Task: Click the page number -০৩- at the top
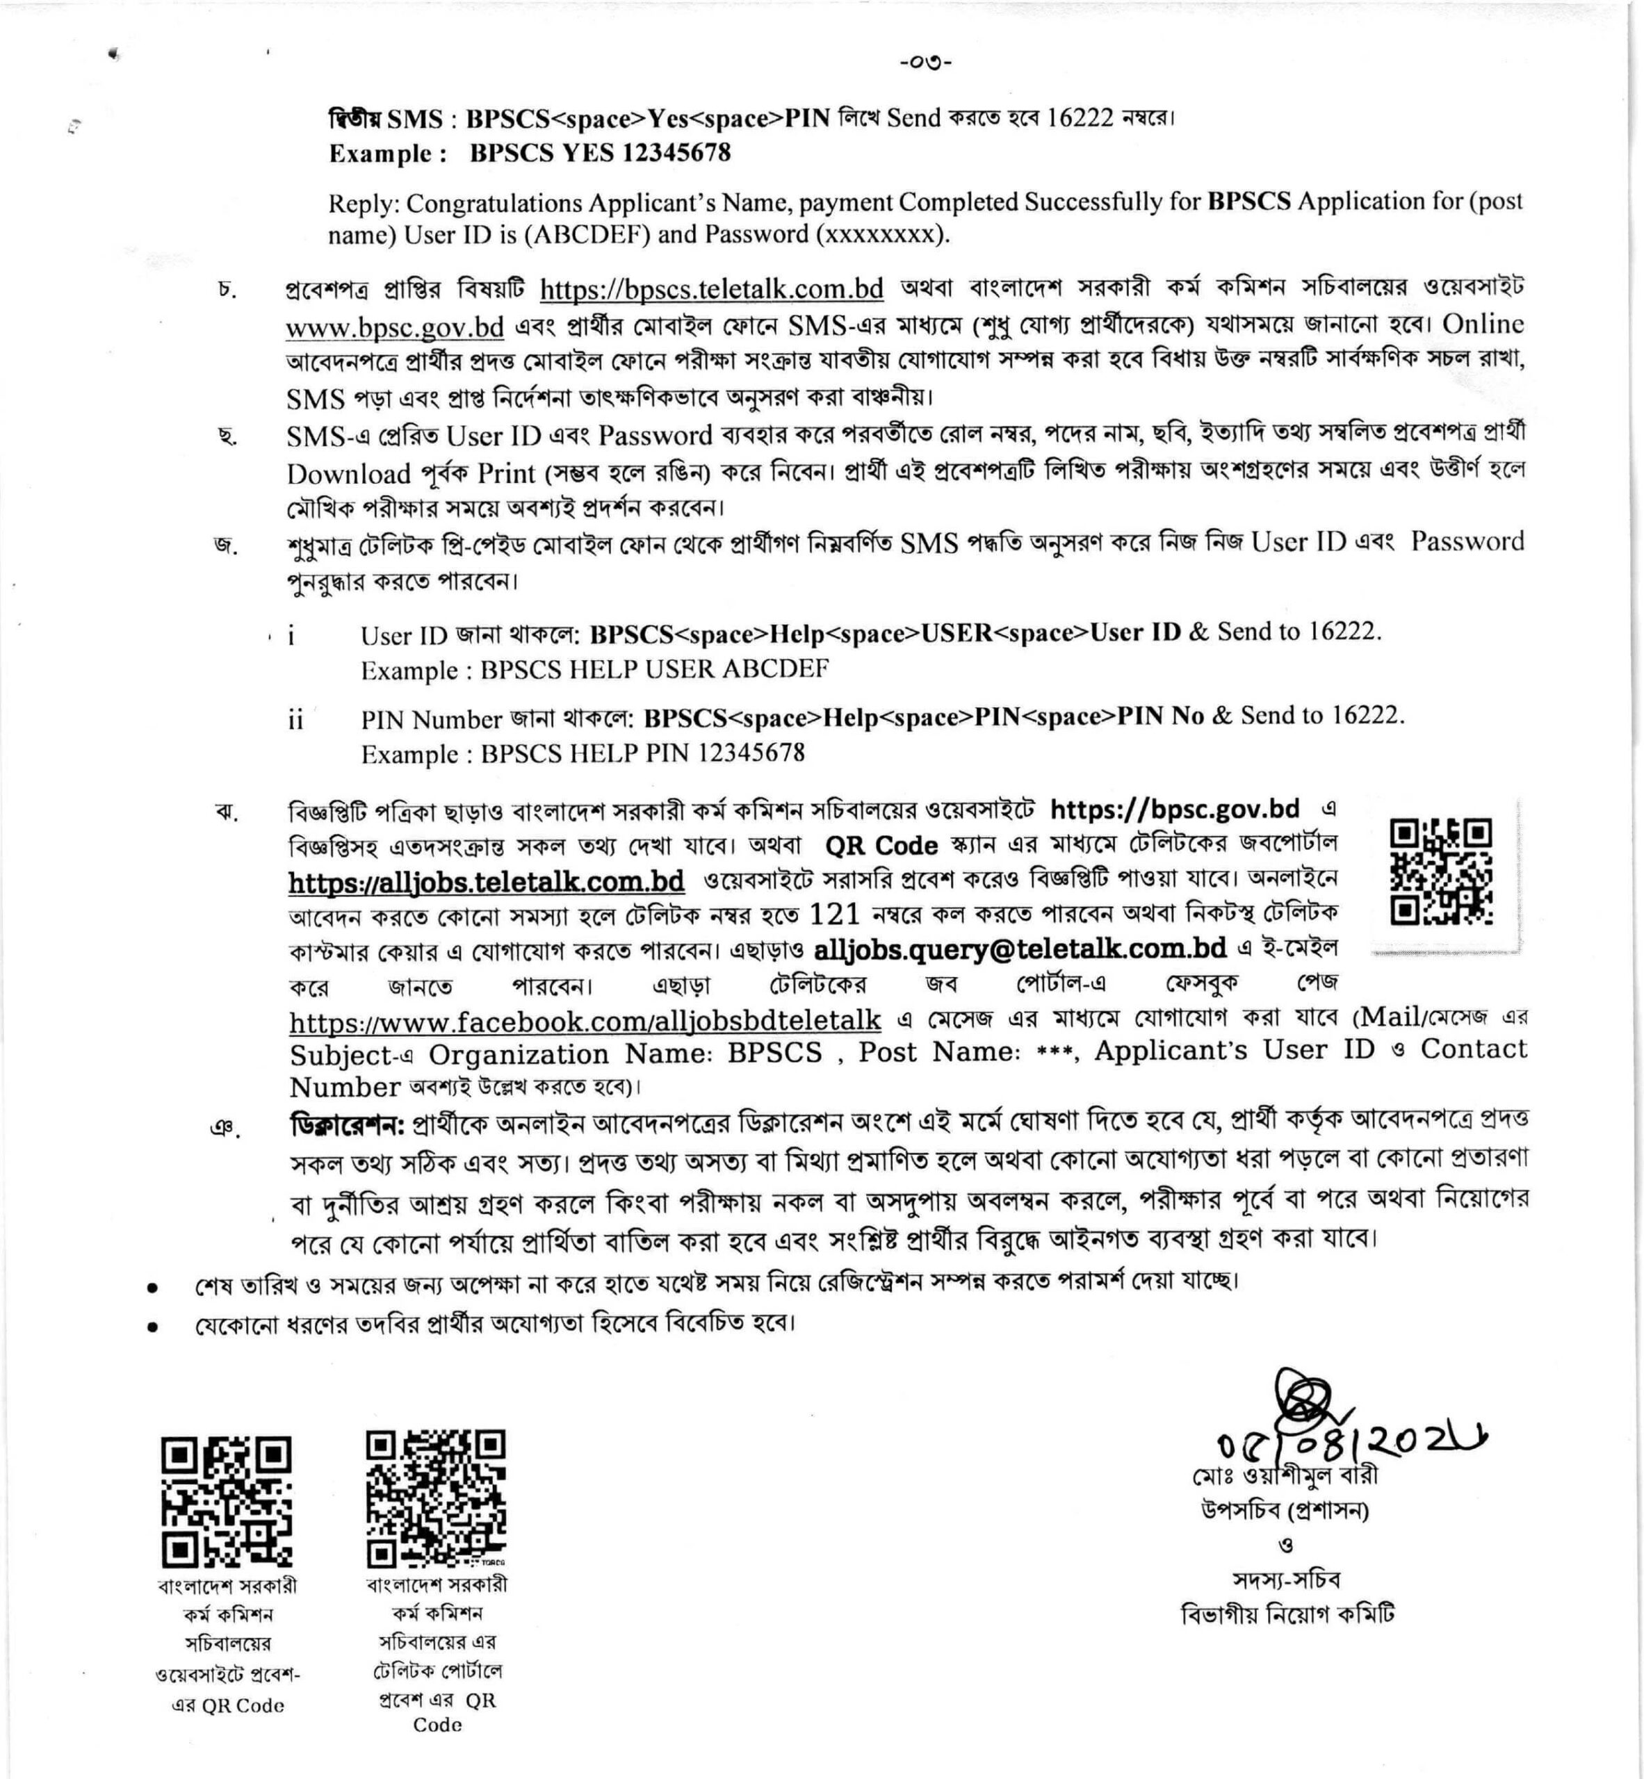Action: tap(925, 63)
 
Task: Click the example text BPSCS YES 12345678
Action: tap(600, 153)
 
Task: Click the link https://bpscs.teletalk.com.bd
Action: tap(711, 289)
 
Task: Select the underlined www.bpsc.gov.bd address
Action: tap(394, 327)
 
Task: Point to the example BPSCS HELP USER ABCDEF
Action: tap(654, 669)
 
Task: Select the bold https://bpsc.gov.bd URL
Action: tap(1174, 810)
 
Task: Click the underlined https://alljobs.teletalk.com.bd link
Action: tap(486, 881)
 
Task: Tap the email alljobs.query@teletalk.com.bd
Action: tap(1020, 949)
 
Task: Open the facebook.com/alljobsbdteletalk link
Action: tap(585, 1020)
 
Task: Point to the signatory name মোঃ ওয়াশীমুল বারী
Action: tap(1285, 1476)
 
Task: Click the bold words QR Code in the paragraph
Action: tap(881, 845)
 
